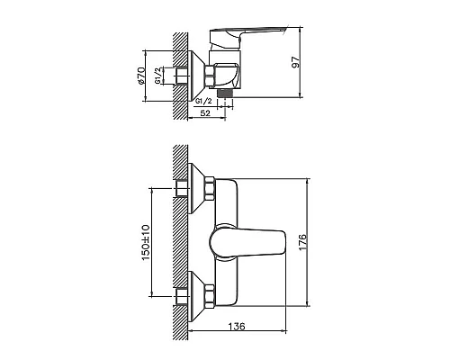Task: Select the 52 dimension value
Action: click(x=205, y=113)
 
